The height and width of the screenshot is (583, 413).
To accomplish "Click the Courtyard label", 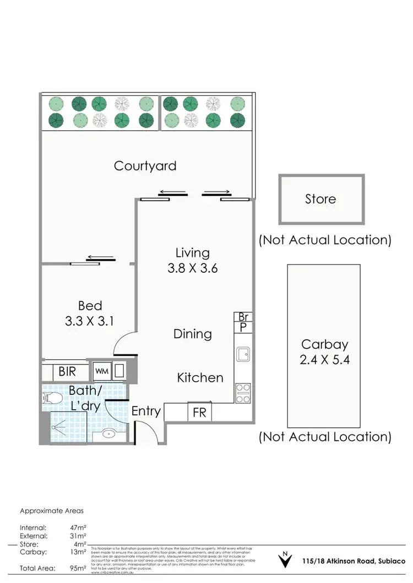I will [x=145, y=166].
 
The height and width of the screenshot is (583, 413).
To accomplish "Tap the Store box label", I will [x=320, y=199].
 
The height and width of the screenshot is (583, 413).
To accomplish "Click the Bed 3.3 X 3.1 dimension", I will [x=90, y=321].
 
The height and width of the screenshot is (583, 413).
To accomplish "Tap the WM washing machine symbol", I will [x=102, y=371].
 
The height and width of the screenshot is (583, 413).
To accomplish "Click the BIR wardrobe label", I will [x=67, y=372].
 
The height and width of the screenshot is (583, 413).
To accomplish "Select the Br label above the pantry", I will [x=242, y=317].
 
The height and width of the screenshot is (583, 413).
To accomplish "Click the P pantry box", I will [x=242, y=327].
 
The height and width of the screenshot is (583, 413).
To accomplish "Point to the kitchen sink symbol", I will [x=242, y=355].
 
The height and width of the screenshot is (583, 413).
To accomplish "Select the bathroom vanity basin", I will [x=110, y=435].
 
